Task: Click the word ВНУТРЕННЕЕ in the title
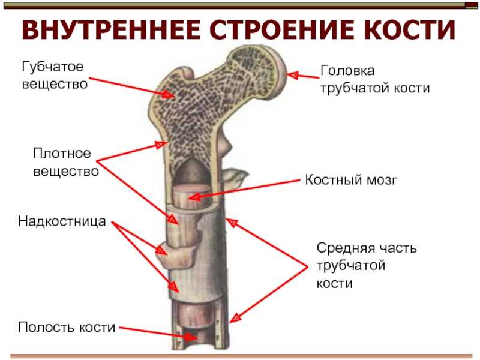pyautogui.click(x=111, y=30)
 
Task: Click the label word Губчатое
pyautogui.click(x=53, y=67)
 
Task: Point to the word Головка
pyautogui.click(x=347, y=71)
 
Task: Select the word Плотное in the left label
pyautogui.click(x=62, y=154)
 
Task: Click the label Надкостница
pyautogui.click(x=62, y=221)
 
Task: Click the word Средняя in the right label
pyautogui.click(x=344, y=248)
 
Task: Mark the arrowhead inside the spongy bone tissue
pyautogui.click(x=168, y=94)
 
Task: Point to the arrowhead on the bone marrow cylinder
pyautogui.click(x=194, y=197)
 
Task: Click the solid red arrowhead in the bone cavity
pyautogui.click(x=191, y=337)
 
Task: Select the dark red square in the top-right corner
pyautogui.click(x=472, y=5)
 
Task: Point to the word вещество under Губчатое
pyautogui.click(x=55, y=84)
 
